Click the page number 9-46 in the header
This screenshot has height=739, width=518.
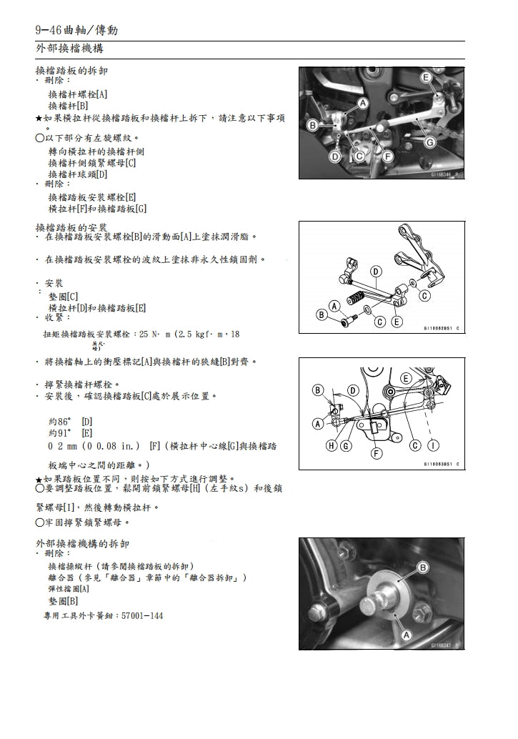click(49, 30)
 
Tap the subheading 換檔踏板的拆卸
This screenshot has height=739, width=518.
click(72, 71)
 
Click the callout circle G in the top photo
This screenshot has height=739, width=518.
click(429, 142)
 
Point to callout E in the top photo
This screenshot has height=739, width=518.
click(426, 77)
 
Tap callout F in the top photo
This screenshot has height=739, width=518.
click(387, 155)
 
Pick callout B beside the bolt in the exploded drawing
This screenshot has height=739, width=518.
click(322, 314)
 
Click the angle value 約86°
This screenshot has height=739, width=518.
click(59, 421)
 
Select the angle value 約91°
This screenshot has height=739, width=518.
click(59, 432)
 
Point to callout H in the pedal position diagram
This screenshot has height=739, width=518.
click(331, 446)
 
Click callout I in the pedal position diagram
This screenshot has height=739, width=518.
click(433, 446)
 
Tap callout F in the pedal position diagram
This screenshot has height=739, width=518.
click(377, 453)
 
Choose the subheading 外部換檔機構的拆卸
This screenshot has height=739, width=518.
click(83, 543)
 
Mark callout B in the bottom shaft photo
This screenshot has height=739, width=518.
click(422, 567)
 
